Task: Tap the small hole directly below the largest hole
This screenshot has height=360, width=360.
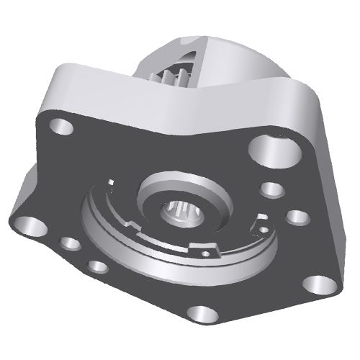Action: (271, 190)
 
